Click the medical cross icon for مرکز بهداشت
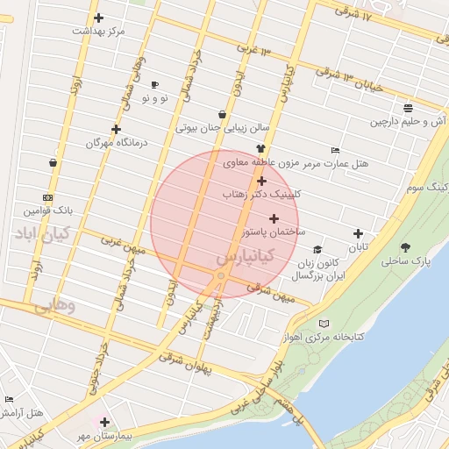click(98, 18)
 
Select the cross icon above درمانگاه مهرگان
click(116, 129)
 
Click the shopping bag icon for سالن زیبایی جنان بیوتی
click(221, 114)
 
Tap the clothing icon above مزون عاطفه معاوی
click(260, 149)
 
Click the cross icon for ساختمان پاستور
click(274, 218)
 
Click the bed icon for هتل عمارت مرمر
click(335, 150)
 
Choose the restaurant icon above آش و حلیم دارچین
click(409, 109)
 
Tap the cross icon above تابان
click(358, 233)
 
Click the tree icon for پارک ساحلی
click(404, 247)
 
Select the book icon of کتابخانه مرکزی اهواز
click(324, 324)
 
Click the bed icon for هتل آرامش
click(10, 400)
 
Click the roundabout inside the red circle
click(221, 276)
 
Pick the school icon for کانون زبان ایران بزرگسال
click(317, 249)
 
